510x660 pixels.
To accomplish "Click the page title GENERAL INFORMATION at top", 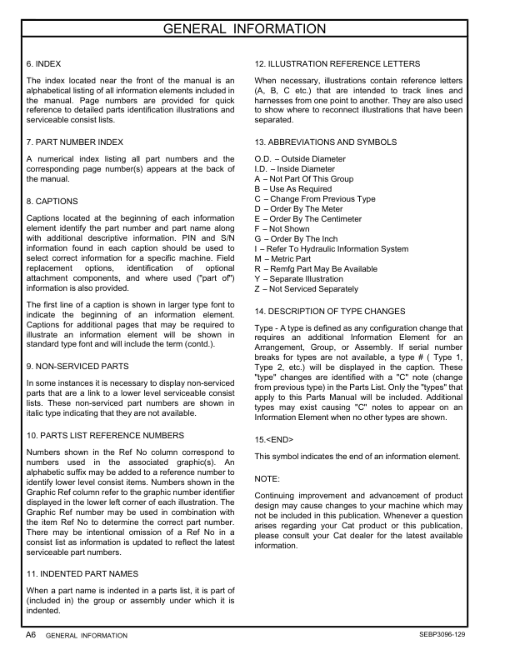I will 255,31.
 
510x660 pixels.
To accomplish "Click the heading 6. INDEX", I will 44,63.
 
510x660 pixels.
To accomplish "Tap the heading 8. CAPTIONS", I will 52,202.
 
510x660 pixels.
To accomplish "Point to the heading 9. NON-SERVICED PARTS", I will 77,366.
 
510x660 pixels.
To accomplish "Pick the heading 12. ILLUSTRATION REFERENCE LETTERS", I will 337,63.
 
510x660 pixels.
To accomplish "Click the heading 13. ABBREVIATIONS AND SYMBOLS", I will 325,142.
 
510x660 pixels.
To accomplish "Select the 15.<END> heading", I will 273,439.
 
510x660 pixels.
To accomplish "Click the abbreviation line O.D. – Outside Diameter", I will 299,159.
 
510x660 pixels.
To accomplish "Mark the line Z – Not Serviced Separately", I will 306,289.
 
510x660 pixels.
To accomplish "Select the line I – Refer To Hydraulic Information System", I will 331,249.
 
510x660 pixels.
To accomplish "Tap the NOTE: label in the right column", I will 267,479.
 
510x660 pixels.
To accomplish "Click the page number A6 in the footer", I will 31,634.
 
